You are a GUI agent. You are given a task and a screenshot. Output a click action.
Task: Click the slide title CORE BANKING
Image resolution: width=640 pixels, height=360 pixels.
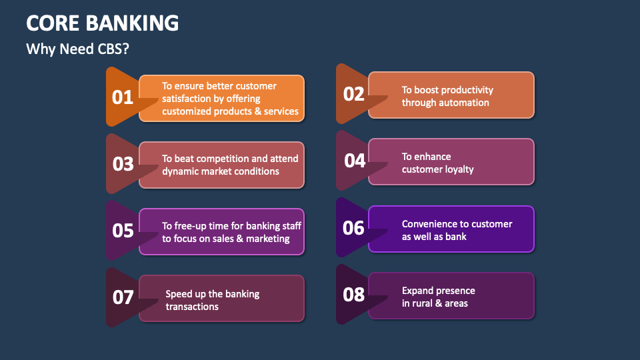pyautogui.click(x=103, y=23)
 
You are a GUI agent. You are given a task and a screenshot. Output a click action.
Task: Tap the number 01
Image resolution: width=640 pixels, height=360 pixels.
pyautogui.click(x=123, y=97)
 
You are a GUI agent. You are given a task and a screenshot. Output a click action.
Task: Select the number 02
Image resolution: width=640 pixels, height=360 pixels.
pyautogui.click(x=354, y=94)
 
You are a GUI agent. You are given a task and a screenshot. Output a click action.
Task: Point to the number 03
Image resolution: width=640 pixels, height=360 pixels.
pyautogui.click(x=123, y=164)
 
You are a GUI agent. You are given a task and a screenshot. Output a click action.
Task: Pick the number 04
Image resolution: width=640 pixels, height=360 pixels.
pyautogui.click(x=354, y=161)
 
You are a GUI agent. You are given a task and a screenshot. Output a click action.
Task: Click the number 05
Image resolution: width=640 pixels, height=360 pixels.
pyautogui.click(x=123, y=231)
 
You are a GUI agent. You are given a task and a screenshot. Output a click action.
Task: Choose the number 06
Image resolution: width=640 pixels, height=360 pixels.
pyautogui.click(x=354, y=227)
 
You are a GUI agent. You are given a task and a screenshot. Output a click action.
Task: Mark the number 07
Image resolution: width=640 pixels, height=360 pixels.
pyautogui.click(x=123, y=297)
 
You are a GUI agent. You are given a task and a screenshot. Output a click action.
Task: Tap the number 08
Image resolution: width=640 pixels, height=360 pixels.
pyautogui.click(x=354, y=294)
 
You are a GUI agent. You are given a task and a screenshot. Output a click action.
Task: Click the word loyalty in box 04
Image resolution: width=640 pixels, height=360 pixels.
pyautogui.click(x=459, y=169)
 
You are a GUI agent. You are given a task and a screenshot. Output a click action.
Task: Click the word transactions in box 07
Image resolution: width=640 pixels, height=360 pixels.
pyautogui.click(x=192, y=307)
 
